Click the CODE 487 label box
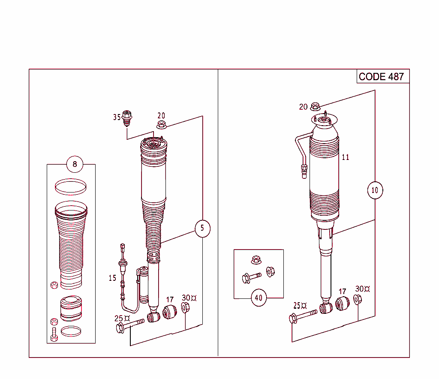coord(381,77)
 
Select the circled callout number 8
coord(75,164)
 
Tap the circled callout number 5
coord(202,228)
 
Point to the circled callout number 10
coord(375,190)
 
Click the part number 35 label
coord(117,117)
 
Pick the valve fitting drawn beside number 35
coord(126,117)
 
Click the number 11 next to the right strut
coord(345,157)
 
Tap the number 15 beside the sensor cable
coord(112,278)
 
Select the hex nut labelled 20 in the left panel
coord(162,125)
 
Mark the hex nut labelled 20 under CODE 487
coord(315,106)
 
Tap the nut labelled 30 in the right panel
coord(358,300)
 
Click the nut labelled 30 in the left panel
coord(185,307)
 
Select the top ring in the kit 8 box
coord(71,185)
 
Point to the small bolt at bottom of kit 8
coord(54,334)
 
